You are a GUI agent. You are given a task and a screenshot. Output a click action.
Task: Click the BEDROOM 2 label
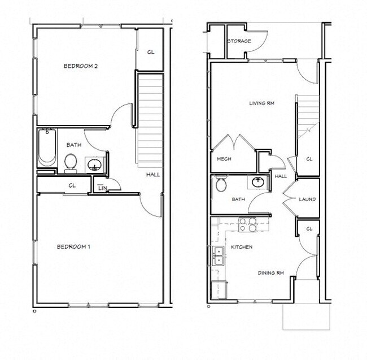point(81,66)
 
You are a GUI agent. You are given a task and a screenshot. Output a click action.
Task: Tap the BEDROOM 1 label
point(74,246)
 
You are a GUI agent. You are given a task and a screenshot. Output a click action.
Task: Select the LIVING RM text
point(261,103)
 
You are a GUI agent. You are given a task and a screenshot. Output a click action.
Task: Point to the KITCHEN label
point(241,247)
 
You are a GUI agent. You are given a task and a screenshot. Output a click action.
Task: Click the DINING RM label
point(270,273)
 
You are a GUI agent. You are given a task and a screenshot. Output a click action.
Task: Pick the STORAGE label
point(239,41)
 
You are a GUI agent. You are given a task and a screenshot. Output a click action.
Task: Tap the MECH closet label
point(224,159)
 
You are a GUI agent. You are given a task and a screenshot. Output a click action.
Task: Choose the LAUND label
point(307,199)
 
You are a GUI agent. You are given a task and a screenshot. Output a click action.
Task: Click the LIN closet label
point(101,187)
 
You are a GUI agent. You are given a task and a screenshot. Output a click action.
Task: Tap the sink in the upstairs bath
point(95,164)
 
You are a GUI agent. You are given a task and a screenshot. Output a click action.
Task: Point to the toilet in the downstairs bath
point(221,185)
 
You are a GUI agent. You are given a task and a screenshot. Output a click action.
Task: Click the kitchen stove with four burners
point(247,224)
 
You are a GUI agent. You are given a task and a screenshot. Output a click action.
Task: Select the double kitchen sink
point(217,257)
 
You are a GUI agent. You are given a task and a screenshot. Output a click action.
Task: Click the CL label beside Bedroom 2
point(150,52)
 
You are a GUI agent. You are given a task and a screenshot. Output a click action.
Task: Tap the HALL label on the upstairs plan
point(153,175)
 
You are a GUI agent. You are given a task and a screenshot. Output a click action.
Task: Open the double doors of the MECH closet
point(234,144)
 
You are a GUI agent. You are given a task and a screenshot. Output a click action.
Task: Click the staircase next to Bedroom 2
point(150,119)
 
